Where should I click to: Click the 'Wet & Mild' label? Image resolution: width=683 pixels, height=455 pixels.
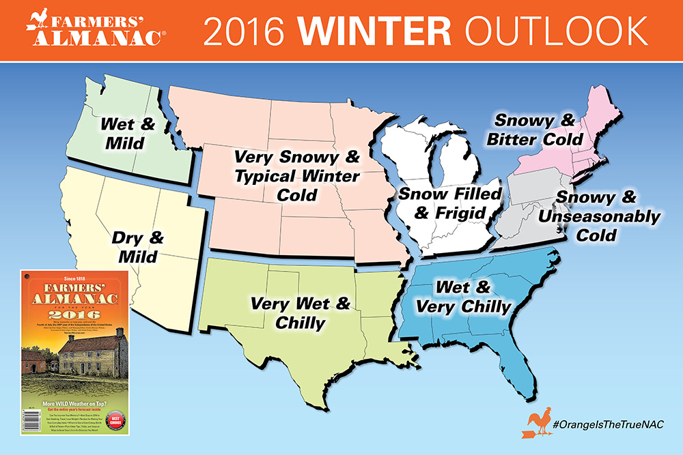pyautogui.click(x=128, y=134)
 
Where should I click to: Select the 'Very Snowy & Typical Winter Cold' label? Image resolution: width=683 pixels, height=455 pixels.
pyautogui.click(x=296, y=176)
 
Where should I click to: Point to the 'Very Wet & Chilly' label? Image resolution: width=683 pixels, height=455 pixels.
pyautogui.click(x=300, y=312)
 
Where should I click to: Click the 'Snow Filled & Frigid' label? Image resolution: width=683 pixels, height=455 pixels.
pyautogui.click(x=450, y=203)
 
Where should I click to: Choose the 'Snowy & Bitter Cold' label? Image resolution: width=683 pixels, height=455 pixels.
pyautogui.click(x=540, y=130)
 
